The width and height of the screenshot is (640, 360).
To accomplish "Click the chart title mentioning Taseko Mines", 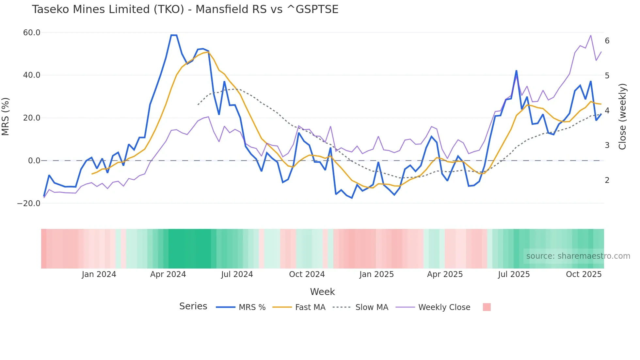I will click(x=185, y=9).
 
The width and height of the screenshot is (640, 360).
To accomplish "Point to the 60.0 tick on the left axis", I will click(x=32, y=33).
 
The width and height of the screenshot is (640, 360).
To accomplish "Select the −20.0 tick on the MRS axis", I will click(x=29, y=203).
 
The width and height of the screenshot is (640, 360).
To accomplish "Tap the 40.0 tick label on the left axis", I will click(x=32, y=75).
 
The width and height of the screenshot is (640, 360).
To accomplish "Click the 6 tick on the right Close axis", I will click(x=607, y=41).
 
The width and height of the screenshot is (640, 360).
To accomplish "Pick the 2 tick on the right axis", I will click(x=607, y=180).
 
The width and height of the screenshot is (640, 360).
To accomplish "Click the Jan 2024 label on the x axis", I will click(x=99, y=274).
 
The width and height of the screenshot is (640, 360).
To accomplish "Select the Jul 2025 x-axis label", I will click(x=514, y=274).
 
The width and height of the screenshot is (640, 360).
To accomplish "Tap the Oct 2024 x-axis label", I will click(x=307, y=274).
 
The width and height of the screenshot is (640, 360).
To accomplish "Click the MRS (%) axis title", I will click(x=6, y=116).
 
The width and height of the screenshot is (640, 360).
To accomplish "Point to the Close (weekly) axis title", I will click(x=622, y=116).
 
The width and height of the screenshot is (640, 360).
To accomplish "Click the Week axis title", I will click(x=322, y=292).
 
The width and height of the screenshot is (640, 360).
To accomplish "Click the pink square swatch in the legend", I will click(x=487, y=307).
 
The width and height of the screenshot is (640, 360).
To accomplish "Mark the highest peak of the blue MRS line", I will click(x=174, y=35).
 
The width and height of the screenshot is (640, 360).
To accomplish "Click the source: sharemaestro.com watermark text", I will click(x=578, y=256).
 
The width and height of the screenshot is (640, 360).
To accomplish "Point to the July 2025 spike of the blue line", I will click(x=516, y=71).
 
